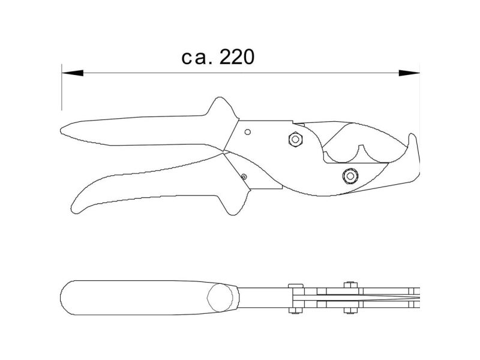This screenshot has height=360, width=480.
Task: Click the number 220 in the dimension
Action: click(x=237, y=57)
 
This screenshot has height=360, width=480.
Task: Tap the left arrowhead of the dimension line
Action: click(x=72, y=73)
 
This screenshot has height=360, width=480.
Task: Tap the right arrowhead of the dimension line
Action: click(x=409, y=73)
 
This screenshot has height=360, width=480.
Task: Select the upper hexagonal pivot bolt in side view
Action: click(x=296, y=139)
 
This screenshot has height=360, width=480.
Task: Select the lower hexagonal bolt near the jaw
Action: click(x=350, y=176)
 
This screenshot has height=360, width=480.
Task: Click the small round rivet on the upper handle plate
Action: click(x=248, y=132)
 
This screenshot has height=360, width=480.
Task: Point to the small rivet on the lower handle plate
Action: click(x=244, y=176)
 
